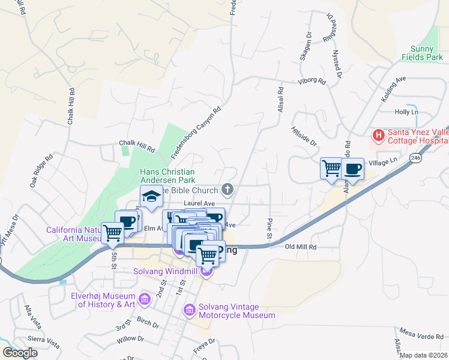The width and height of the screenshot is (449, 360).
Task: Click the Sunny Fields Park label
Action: (423, 53)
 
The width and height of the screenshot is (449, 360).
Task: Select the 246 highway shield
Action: (415, 157)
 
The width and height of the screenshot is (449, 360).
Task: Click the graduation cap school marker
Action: (152, 196)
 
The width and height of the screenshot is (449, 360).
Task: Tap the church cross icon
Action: (227, 190)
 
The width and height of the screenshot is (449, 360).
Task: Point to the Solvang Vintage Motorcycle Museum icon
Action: (189, 310)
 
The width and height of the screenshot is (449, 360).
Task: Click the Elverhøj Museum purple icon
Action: (144, 299)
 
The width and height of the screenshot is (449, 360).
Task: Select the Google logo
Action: (20, 353)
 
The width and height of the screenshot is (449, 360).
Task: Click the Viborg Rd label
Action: (312, 81)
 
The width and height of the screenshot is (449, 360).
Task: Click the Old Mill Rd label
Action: (300, 247)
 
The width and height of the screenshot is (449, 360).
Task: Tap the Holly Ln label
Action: (406, 112)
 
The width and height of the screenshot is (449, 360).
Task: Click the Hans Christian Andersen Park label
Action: (167, 175)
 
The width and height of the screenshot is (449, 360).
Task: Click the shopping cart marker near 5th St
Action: (112, 233)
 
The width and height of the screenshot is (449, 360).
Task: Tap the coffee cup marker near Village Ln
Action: (353, 169)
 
